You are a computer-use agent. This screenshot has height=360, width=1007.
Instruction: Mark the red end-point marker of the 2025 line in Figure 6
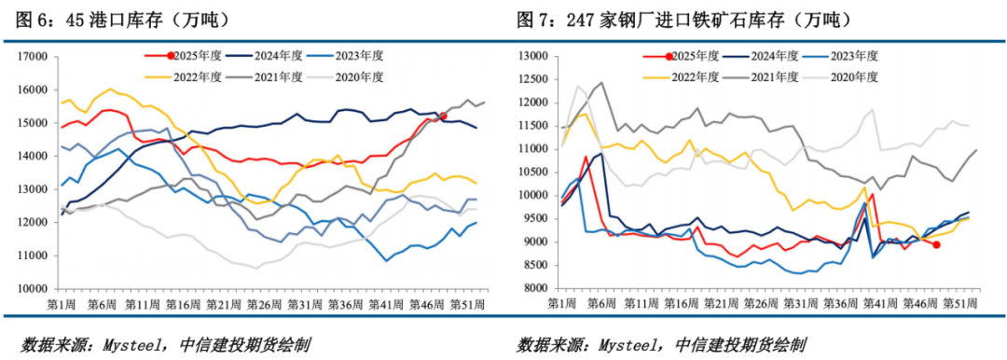point(444,117)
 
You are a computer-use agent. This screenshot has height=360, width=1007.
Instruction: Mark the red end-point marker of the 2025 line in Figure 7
point(935,245)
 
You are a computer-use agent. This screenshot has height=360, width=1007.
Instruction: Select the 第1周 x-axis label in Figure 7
point(562,305)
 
